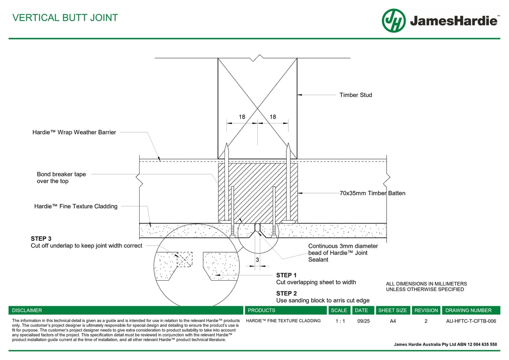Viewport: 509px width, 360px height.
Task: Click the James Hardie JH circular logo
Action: pyautogui.click(x=394, y=21)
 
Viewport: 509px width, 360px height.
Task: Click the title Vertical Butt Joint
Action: pyautogui.click(x=65, y=18)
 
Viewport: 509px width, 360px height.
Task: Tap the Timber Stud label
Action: pyautogui.click(x=356, y=95)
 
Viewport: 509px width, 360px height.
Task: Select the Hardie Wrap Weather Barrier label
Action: pyautogui.click(x=74, y=133)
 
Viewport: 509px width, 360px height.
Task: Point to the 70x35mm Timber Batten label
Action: pyautogui.click(x=373, y=193)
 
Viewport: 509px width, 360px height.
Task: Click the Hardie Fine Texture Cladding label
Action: pyautogui.click(x=76, y=206)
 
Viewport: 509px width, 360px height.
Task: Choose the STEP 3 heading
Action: pyautogui.click(x=41, y=239)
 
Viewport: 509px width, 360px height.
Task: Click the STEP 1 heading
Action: pyautogui.click(x=286, y=275)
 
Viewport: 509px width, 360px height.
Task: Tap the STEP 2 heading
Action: pyautogui.click(x=286, y=293)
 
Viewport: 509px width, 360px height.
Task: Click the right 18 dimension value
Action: pyautogui.click(x=273, y=117)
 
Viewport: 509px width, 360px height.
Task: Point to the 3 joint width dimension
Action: pyautogui.click(x=257, y=259)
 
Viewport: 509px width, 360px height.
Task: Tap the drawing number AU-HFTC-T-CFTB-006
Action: pyautogui.click(x=471, y=321)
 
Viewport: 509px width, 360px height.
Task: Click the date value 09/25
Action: pyautogui.click(x=363, y=321)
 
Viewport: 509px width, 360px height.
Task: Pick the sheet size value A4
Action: pyautogui.click(x=392, y=321)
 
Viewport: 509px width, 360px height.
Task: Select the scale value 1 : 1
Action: pyautogui.click(x=340, y=321)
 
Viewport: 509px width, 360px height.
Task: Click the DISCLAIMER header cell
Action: pyautogui.click(x=27, y=310)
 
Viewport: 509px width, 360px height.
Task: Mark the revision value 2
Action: pyautogui.click(x=426, y=321)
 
